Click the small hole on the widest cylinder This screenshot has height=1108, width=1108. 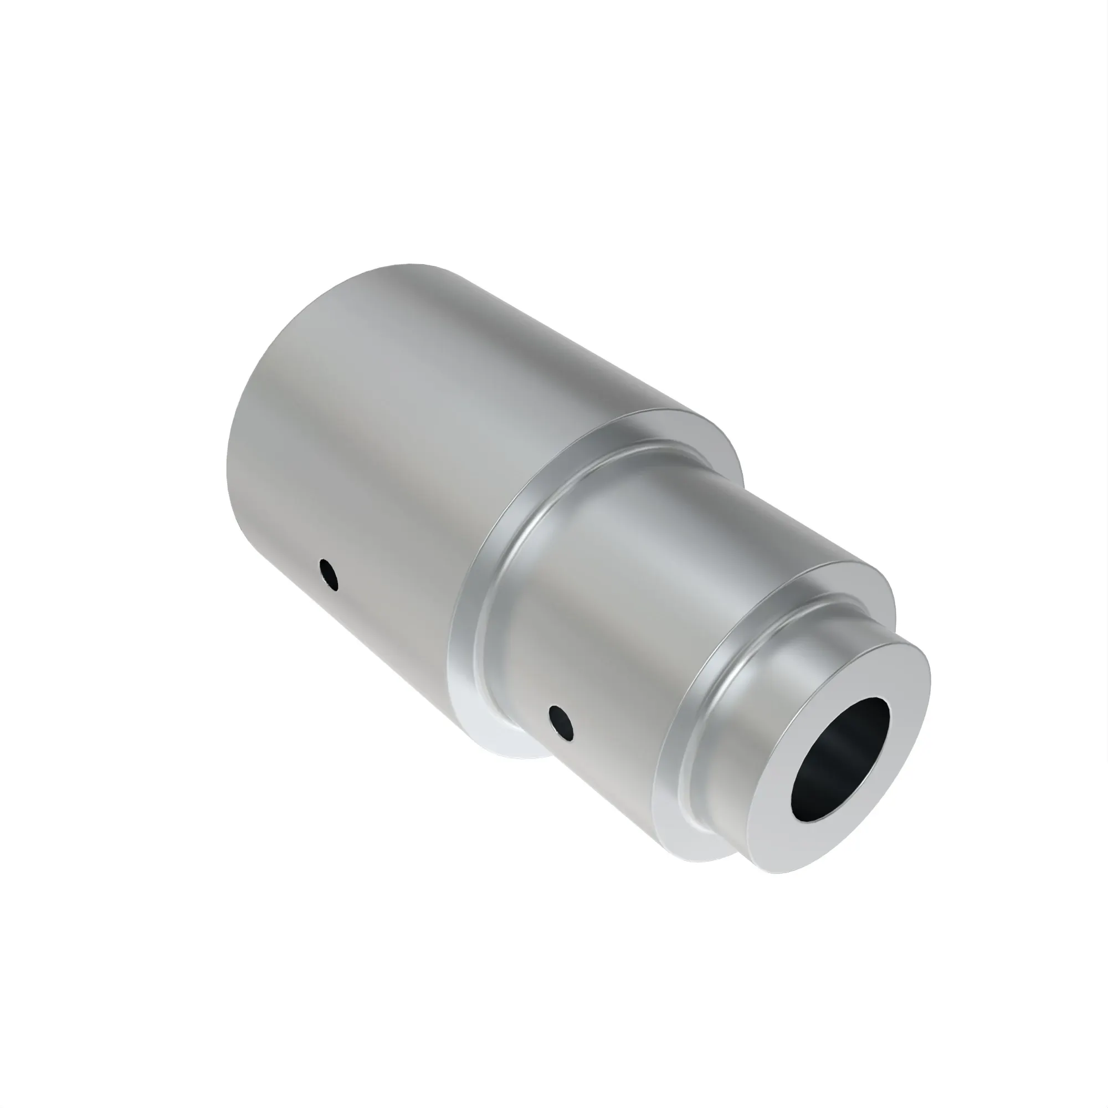click(x=329, y=574)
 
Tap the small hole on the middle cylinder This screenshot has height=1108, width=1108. click(x=560, y=724)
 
